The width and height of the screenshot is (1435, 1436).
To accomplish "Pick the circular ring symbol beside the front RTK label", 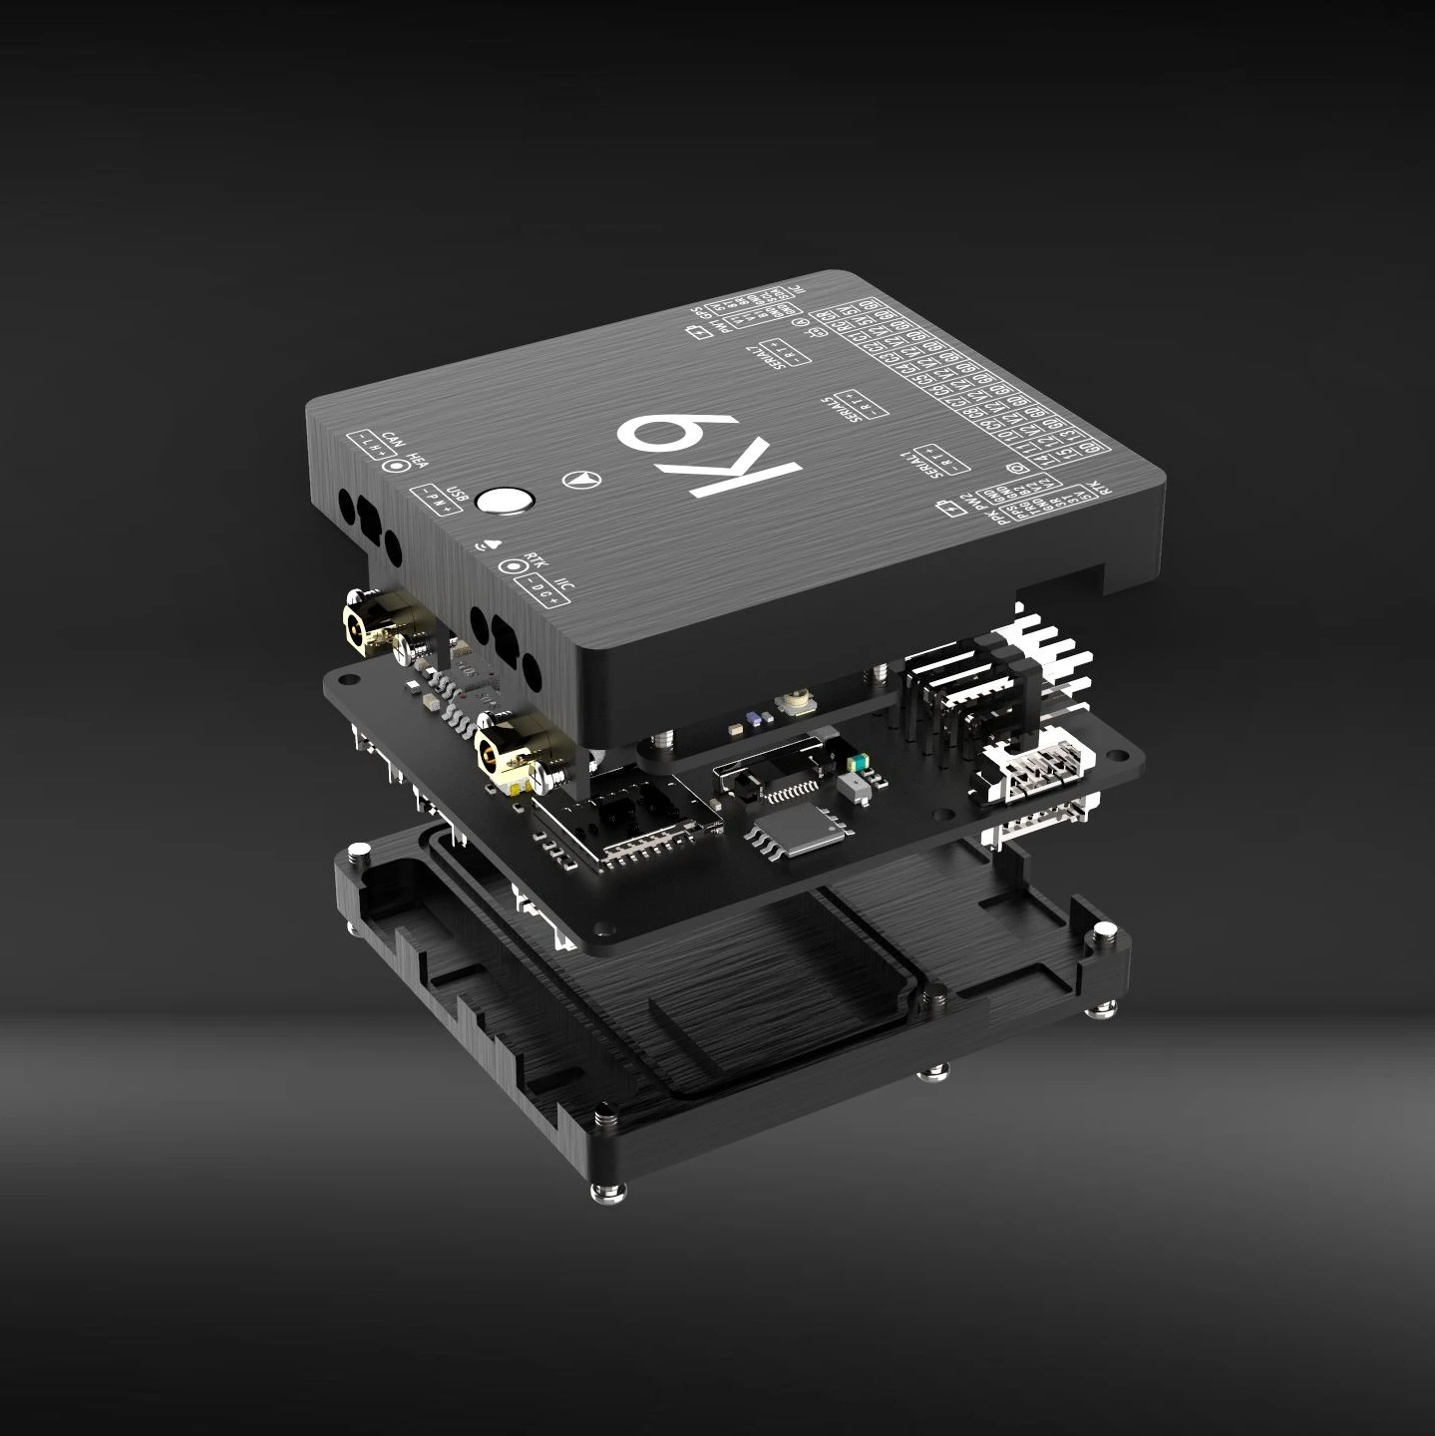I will [516, 566].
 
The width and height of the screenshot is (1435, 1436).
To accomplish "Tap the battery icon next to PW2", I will [954, 511].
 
